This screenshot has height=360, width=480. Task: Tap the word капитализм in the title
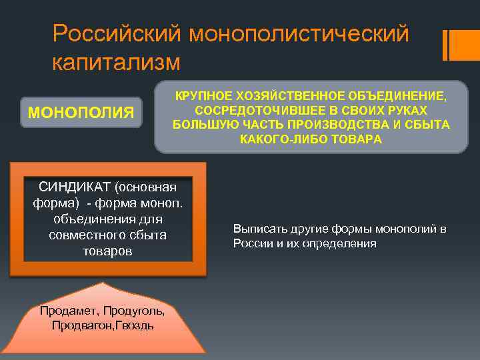[116, 62]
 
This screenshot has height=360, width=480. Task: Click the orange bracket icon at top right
[455, 45]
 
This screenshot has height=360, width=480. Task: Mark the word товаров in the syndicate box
[107, 251]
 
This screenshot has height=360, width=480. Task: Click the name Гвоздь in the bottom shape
[136, 325]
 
